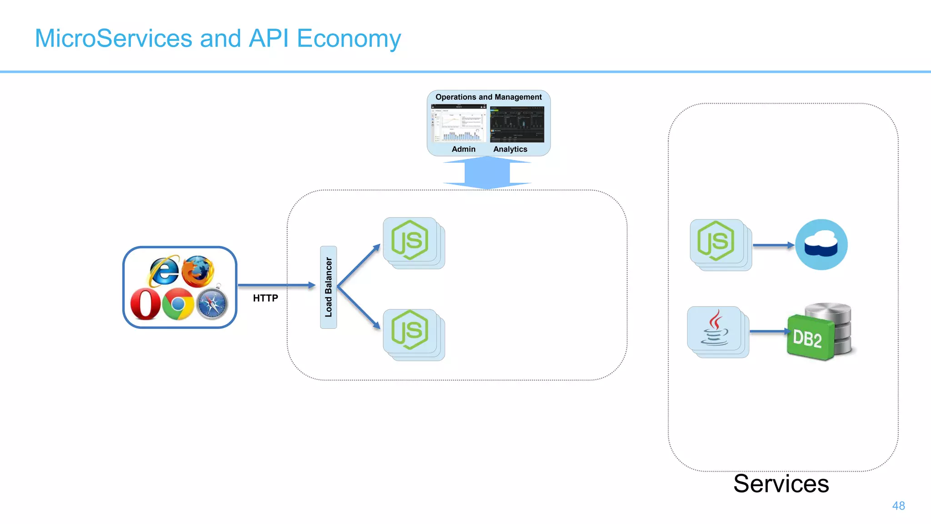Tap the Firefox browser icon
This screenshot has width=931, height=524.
click(x=198, y=271)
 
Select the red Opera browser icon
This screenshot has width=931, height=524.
click(x=145, y=304)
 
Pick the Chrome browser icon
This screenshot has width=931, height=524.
click(x=178, y=303)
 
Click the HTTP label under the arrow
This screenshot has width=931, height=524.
click(x=265, y=298)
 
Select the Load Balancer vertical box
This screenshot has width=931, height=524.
click(x=328, y=287)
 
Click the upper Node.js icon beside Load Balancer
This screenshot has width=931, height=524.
click(x=410, y=240)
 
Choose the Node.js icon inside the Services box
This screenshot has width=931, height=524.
click(x=716, y=242)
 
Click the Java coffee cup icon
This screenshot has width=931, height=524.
click(x=715, y=328)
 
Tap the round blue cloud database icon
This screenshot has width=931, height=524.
click(x=821, y=245)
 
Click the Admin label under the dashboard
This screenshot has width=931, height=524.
click(x=463, y=149)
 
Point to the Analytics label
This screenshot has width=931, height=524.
click(x=510, y=149)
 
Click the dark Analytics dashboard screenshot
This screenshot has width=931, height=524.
click(x=517, y=124)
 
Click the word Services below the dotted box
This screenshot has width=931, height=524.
click(x=781, y=484)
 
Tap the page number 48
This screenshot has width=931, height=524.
click(x=898, y=506)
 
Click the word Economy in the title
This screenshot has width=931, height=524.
click(x=349, y=39)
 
